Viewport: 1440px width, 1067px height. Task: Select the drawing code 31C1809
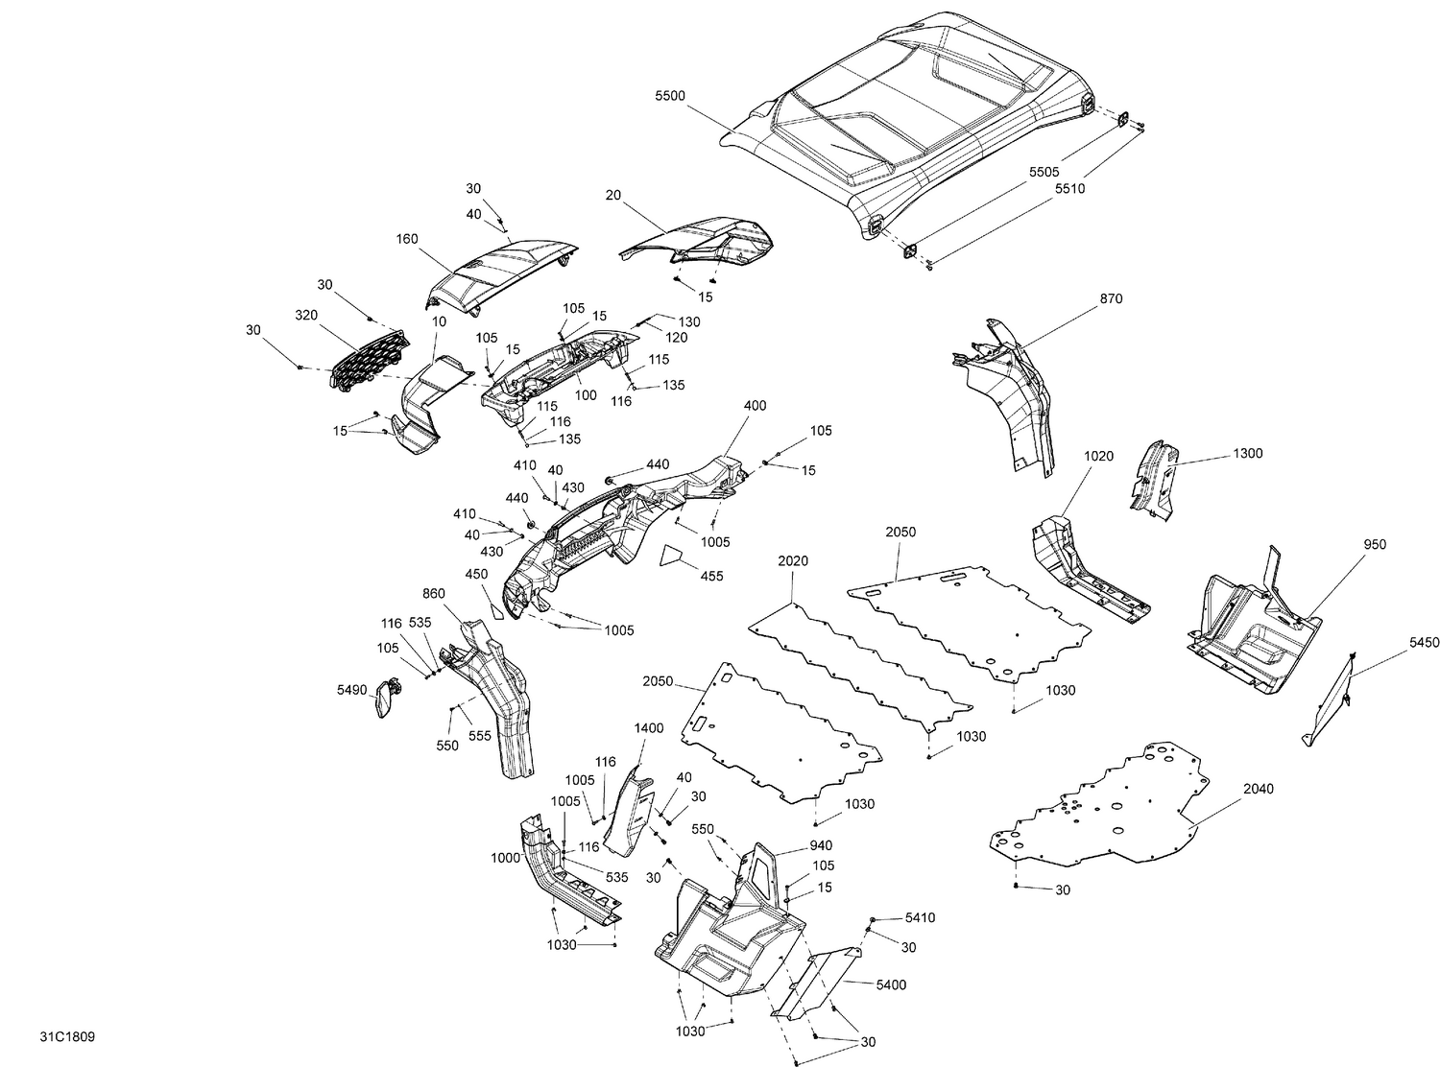click(x=67, y=1037)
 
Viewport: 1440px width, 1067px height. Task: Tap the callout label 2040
click(x=1259, y=789)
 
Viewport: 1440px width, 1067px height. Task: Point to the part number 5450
click(x=1425, y=643)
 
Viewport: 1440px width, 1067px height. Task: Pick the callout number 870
click(x=1111, y=298)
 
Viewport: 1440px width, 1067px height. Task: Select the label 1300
click(x=1248, y=453)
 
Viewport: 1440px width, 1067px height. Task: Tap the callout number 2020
click(x=793, y=560)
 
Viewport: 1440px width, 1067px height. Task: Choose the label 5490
click(x=352, y=688)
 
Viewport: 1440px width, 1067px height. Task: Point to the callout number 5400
click(x=891, y=984)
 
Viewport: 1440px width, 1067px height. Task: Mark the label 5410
click(x=920, y=918)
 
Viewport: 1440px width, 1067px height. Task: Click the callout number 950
click(x=1374, y=544)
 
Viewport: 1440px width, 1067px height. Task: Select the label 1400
click(x=648, y=728)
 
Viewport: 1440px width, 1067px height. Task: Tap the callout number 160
click(x=407, y=239)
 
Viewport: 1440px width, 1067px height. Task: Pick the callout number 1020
click(x=1099, y=456)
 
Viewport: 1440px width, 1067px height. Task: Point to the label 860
click(x=434, y=593)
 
